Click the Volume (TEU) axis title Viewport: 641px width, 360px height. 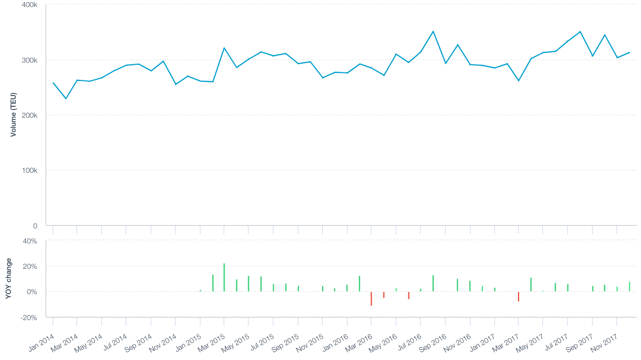pos(13,114)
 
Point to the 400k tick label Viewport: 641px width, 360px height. pos(29,4)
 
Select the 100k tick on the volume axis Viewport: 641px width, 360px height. pos(29,171)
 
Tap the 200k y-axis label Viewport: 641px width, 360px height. pos(29,116)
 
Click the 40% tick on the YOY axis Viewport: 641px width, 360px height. pos(30,241)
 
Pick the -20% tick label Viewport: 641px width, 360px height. pos(29,317)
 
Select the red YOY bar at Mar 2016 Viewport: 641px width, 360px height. pos(371,298)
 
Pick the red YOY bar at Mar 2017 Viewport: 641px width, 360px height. pos(519,296)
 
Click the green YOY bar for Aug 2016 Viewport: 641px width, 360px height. pos(433,283)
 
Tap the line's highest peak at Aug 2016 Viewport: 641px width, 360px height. pos(433,31)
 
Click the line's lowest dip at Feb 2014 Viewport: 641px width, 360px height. pos(66,99)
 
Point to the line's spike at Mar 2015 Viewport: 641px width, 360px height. pos(224,48)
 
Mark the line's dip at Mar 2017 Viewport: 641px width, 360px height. pos(519,81)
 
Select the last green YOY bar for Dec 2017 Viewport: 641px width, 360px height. pos(629,287)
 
